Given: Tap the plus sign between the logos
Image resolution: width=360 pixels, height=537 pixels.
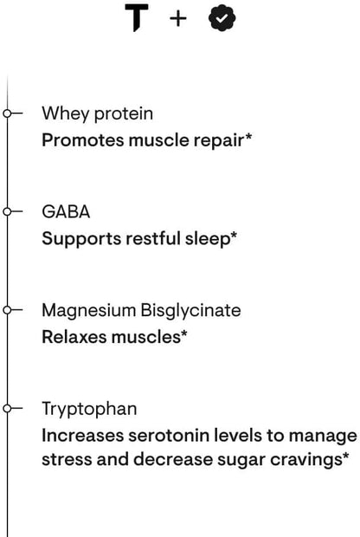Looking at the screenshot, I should coord(177,19).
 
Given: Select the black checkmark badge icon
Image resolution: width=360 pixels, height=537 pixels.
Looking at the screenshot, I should coord(222,19).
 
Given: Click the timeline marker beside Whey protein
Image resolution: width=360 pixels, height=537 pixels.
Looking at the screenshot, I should coord(8,113).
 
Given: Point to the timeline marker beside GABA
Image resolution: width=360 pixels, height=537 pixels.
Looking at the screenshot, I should coord(8,210).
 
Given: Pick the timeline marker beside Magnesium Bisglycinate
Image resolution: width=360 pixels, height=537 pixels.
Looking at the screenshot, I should coord(8,309).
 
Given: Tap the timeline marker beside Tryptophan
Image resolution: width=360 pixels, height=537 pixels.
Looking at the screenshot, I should coord(8,407).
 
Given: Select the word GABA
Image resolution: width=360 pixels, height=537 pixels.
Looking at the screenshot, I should coord(66,211).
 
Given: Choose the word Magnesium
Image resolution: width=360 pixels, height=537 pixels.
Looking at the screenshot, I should coord(84,310).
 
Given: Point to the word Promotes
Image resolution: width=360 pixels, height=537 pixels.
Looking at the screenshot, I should coord(80,139).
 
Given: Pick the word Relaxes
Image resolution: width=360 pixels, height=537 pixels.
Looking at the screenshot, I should coord(74,335).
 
